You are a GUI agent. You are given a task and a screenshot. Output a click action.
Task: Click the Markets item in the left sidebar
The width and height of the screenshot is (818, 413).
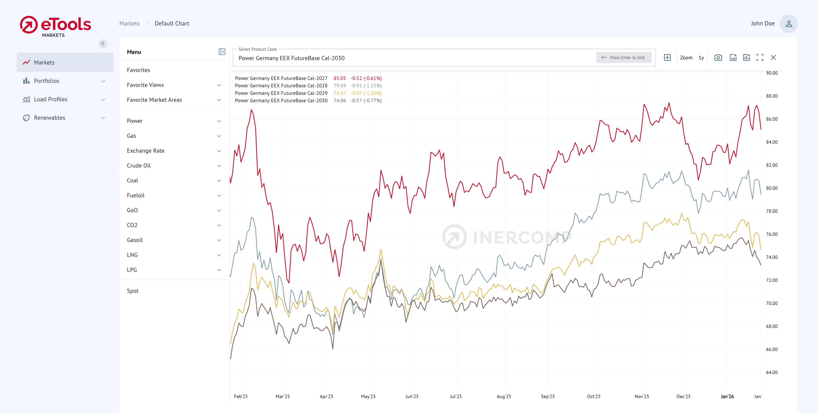point(44,63)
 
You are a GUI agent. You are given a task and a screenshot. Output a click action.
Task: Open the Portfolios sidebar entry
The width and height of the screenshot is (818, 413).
point(47,81)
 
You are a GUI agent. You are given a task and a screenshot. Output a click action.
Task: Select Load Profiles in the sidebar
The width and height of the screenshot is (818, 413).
point(50,99)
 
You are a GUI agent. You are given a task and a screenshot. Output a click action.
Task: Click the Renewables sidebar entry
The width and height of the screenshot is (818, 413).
point(49,118)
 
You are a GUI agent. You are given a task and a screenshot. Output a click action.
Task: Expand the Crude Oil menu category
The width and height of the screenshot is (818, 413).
point(139,166)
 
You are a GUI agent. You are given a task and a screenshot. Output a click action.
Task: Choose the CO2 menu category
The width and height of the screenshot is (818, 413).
point(132,225)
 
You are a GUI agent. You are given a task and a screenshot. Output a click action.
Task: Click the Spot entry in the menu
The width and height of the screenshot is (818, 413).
point(133,291)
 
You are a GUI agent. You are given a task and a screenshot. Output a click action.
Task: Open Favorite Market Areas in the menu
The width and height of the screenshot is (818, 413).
point(154,100)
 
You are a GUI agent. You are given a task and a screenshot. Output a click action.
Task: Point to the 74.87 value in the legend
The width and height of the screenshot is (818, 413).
point(339,93)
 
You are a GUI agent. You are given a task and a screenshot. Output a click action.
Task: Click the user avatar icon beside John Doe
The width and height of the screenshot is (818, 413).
point(788,24)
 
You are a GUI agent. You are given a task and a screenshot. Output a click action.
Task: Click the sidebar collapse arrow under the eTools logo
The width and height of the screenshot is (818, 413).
point(103,44)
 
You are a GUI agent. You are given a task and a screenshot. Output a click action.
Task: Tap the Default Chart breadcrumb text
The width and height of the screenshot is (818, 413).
point(172,24)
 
